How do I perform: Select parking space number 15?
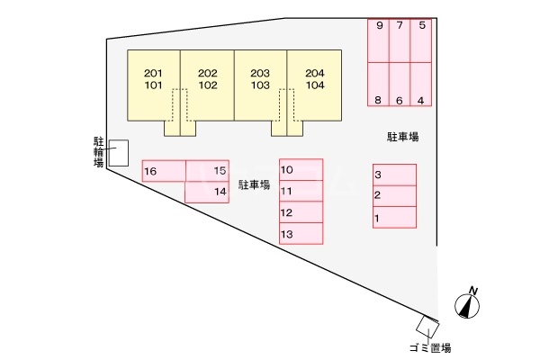207,171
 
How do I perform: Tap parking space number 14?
207,192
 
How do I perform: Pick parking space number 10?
301,169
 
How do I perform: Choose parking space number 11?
301,191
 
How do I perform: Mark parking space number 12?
301,212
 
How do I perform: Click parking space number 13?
301,234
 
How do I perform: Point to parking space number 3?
394,175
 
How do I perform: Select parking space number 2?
394,195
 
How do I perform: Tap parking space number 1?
394,217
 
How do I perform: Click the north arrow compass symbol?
468,303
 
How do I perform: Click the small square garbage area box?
427,325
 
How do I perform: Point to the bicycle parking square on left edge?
119,153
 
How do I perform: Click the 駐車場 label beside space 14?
255,184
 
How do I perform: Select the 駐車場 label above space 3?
403,137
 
